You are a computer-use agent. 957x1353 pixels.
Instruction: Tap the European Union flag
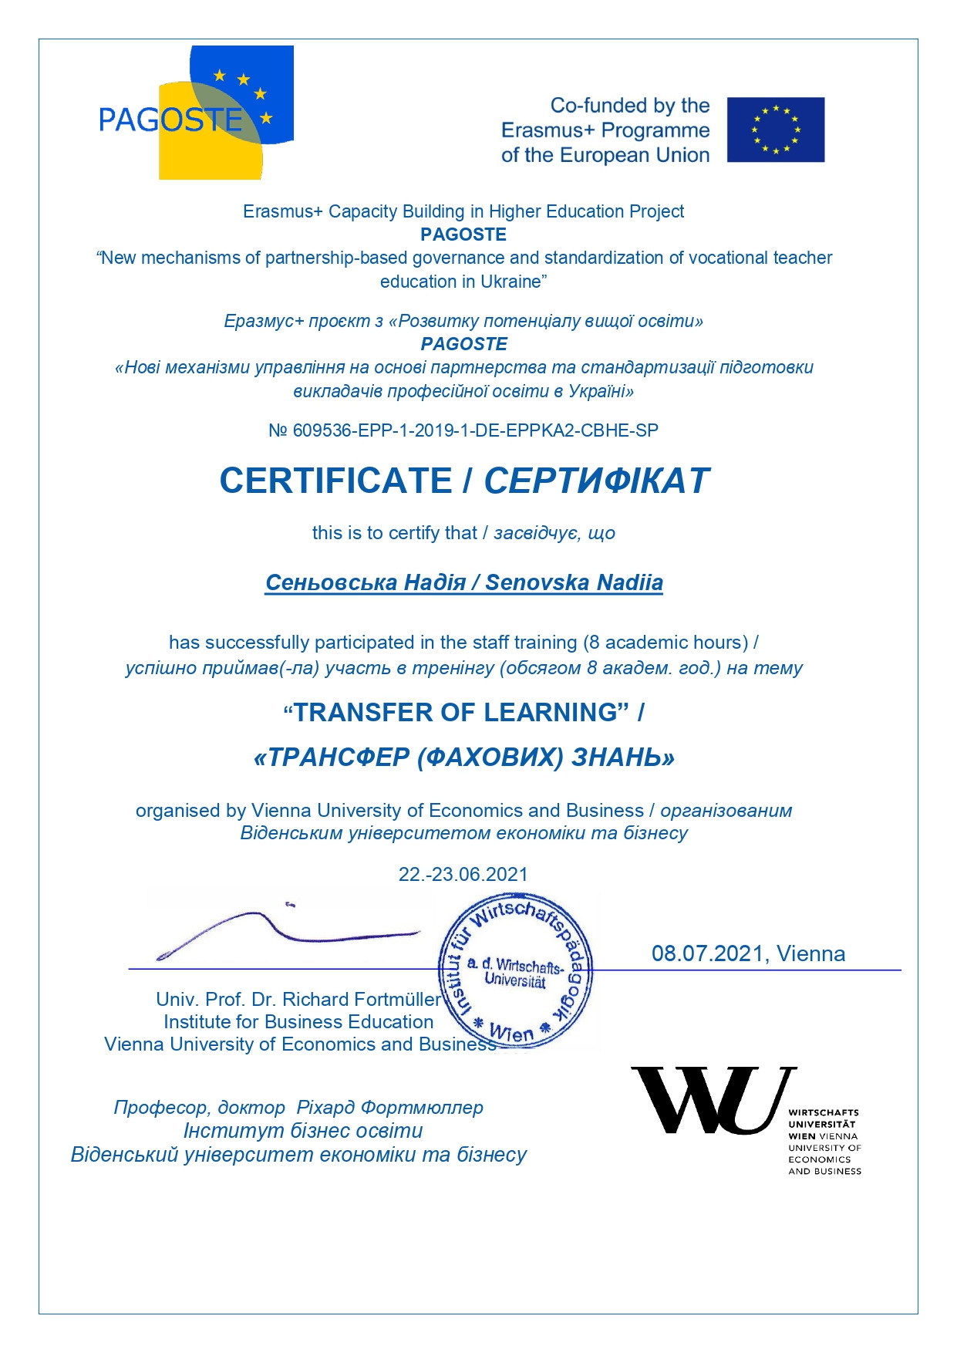(775, 130)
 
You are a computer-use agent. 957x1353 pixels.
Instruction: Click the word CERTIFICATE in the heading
(335, 481)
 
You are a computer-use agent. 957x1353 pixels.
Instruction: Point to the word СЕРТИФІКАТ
(595, 481)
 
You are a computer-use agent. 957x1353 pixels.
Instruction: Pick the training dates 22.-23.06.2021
(463, 874)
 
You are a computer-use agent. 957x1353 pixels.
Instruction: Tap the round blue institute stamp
(515, 970)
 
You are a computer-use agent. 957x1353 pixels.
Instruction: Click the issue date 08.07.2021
(707, 953)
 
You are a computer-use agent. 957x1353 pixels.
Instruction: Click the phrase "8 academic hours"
(666, 643)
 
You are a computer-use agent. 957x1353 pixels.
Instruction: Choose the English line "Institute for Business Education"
(298, 1022)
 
